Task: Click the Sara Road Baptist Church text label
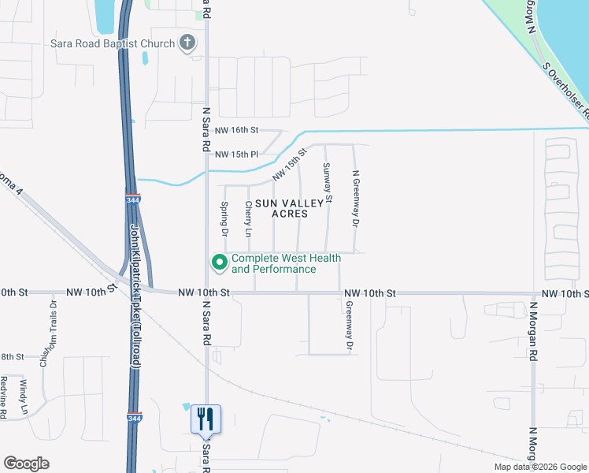point(112,43)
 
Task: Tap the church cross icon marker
point(187,43)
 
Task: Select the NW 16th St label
point(236,130)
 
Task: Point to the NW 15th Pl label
point(236,154)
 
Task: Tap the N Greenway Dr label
point(355,200)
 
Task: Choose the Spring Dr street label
point(224,219)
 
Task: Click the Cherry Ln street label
point(248,219)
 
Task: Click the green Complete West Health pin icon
point(219,262)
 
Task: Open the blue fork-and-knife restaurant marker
point(206,419)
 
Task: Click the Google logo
point(26,464)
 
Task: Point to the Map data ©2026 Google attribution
point(540,467)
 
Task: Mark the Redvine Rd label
point(4,398)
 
